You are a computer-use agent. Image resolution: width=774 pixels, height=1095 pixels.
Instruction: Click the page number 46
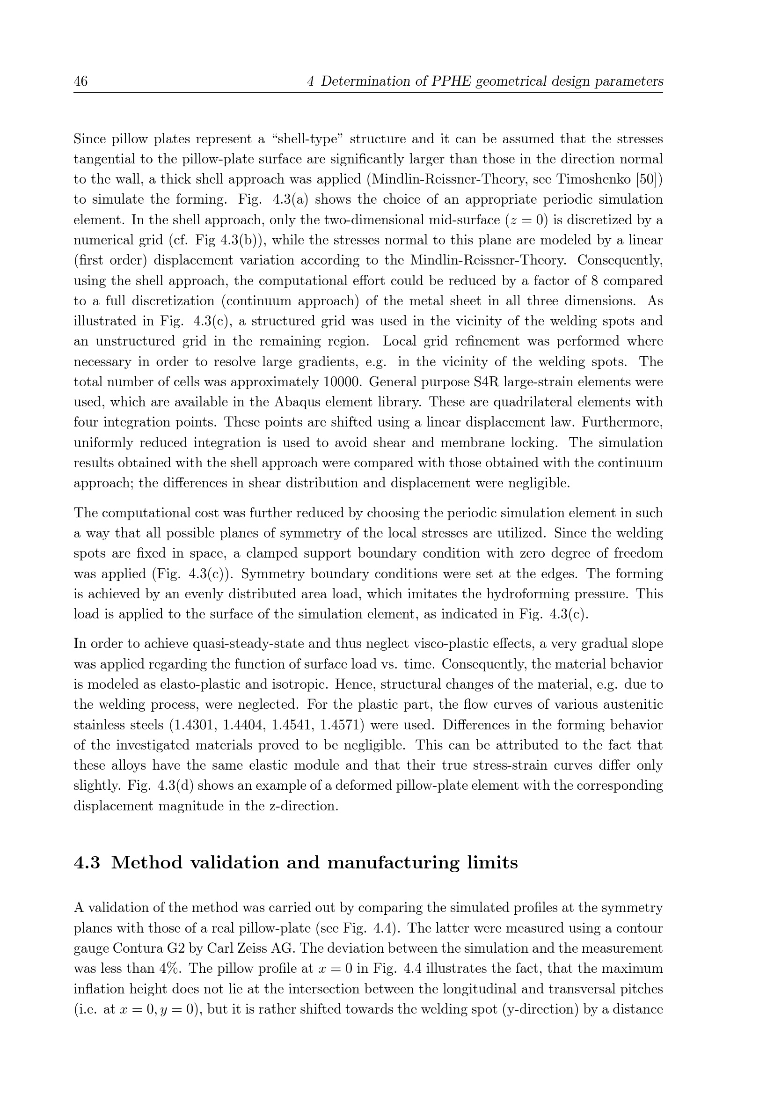pos(80,81)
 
